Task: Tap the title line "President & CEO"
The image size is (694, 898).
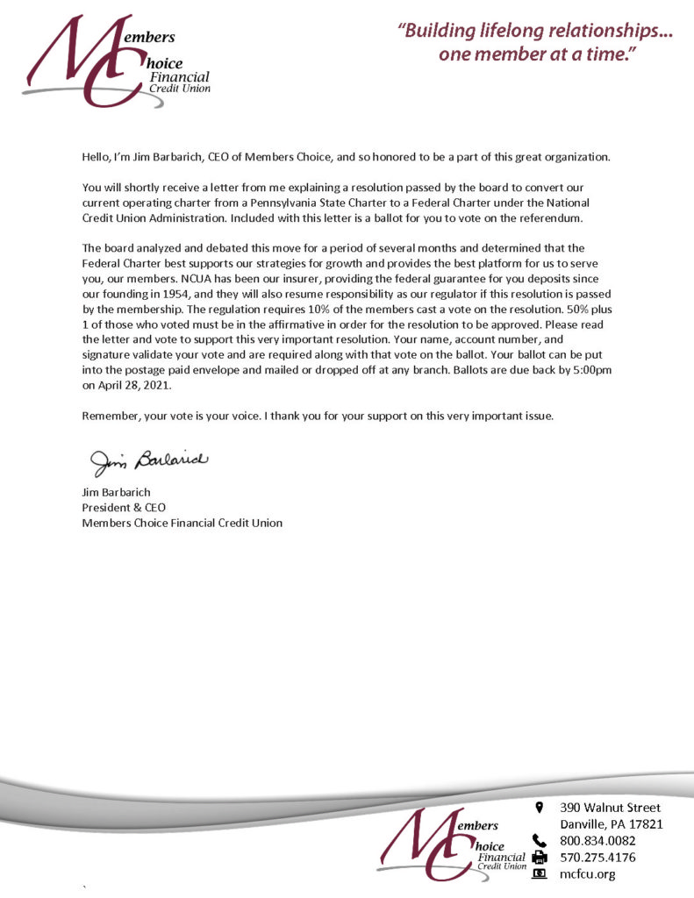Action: pyautogui.click(x=124, y=507)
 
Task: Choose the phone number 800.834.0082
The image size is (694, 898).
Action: pyautogui.click(x=597, y=840)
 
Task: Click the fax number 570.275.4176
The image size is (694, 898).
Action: pyautogui.click(x=597, y=857)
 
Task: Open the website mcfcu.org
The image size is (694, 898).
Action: pyautogui.click(x=587, y=873)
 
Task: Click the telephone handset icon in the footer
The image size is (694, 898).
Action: pyautogui.click(x=540, y=840)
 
